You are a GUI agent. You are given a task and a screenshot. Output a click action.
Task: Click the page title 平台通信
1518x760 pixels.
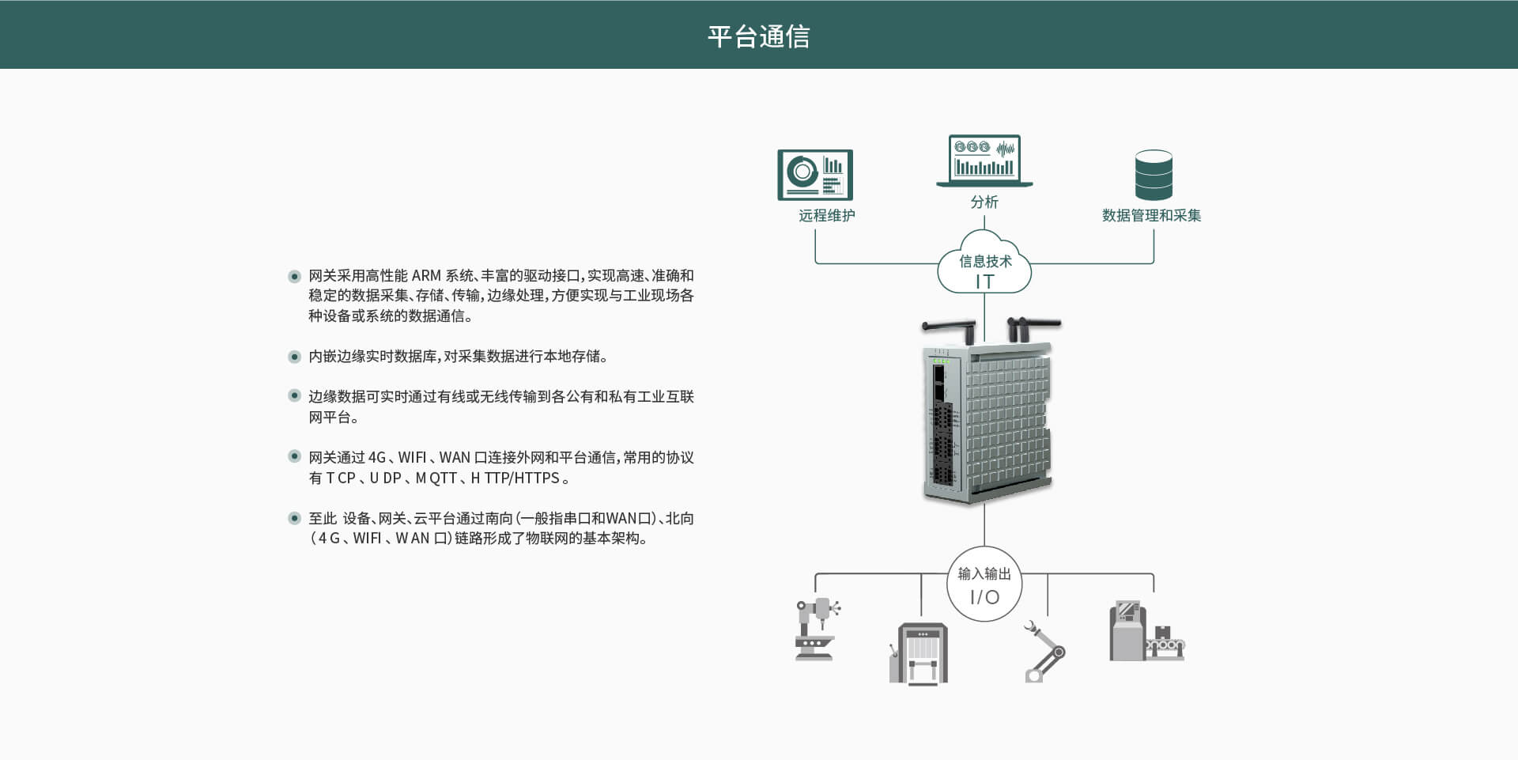pos(758,36)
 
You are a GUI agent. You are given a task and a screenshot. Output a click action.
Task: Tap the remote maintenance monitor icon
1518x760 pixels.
pos(815,175)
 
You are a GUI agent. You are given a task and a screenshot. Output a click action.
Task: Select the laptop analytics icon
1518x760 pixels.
pos(984,161)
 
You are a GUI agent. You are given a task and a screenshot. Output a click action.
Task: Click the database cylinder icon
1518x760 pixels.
pos(1154,175)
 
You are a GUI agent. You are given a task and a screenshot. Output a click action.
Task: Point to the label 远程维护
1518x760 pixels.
pos(826,215)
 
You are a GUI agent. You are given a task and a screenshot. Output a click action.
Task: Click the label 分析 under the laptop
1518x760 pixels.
pos(984,202)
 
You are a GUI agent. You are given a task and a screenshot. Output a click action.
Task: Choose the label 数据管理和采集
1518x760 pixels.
pos(1151,215)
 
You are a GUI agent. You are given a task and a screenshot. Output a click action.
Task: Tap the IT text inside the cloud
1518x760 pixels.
pos(984,282)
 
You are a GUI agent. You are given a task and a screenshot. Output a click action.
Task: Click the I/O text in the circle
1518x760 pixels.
pos(984,597)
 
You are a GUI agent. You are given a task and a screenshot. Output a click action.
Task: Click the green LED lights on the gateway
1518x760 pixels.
pos(941,361)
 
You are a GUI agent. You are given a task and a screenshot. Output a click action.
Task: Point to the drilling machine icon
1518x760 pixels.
pos(817,629)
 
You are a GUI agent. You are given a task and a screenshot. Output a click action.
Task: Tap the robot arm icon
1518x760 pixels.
pos(1044,651)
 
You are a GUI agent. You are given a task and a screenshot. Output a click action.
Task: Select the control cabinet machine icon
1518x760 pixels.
pos(919,653)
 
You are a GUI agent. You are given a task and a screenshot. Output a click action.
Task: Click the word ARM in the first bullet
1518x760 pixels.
pos(426,275)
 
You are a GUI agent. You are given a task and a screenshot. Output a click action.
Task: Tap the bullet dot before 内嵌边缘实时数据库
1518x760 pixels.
pos(294,357)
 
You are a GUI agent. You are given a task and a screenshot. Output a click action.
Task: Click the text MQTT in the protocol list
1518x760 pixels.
pos(436,478)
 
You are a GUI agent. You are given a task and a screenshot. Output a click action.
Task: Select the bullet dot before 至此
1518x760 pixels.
pos(294,519)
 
